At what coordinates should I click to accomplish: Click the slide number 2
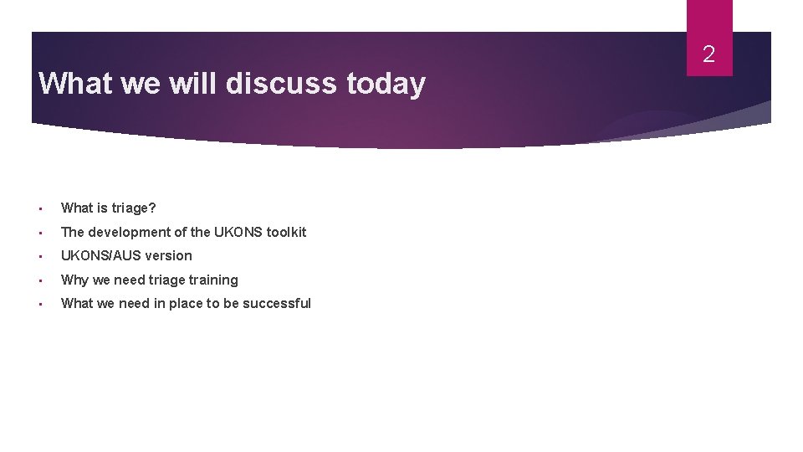click(708, 55)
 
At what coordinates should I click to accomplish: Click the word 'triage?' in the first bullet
click(134, 208)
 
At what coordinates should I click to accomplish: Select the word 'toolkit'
click(286, 232)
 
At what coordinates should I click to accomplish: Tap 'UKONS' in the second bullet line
click(238, 232)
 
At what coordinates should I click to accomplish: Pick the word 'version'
click(168, 255)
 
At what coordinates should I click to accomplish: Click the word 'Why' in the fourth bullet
click(74, 280)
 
